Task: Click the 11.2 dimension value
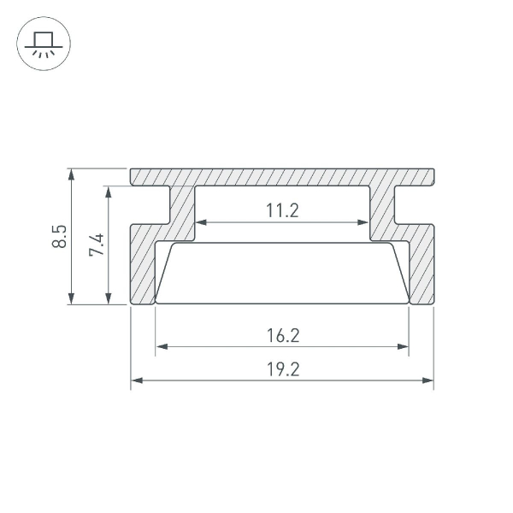tap(282, 209)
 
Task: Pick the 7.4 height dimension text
tap(96, 245)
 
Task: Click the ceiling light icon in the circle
tap(41, 42)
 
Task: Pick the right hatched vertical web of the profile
tap(382, 209)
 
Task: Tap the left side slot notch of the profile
tap(150, 206)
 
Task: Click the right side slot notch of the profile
tap(415, 206)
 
